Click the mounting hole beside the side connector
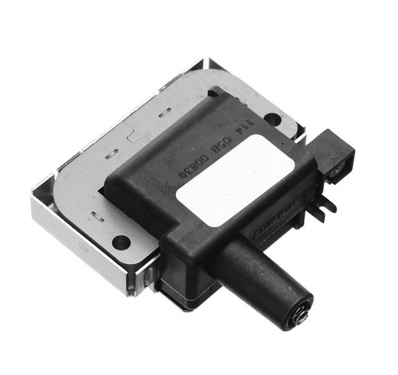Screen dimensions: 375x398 (273, 119)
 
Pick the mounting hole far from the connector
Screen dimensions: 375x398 (120, 242)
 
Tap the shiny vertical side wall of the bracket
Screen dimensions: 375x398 (80, 242)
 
